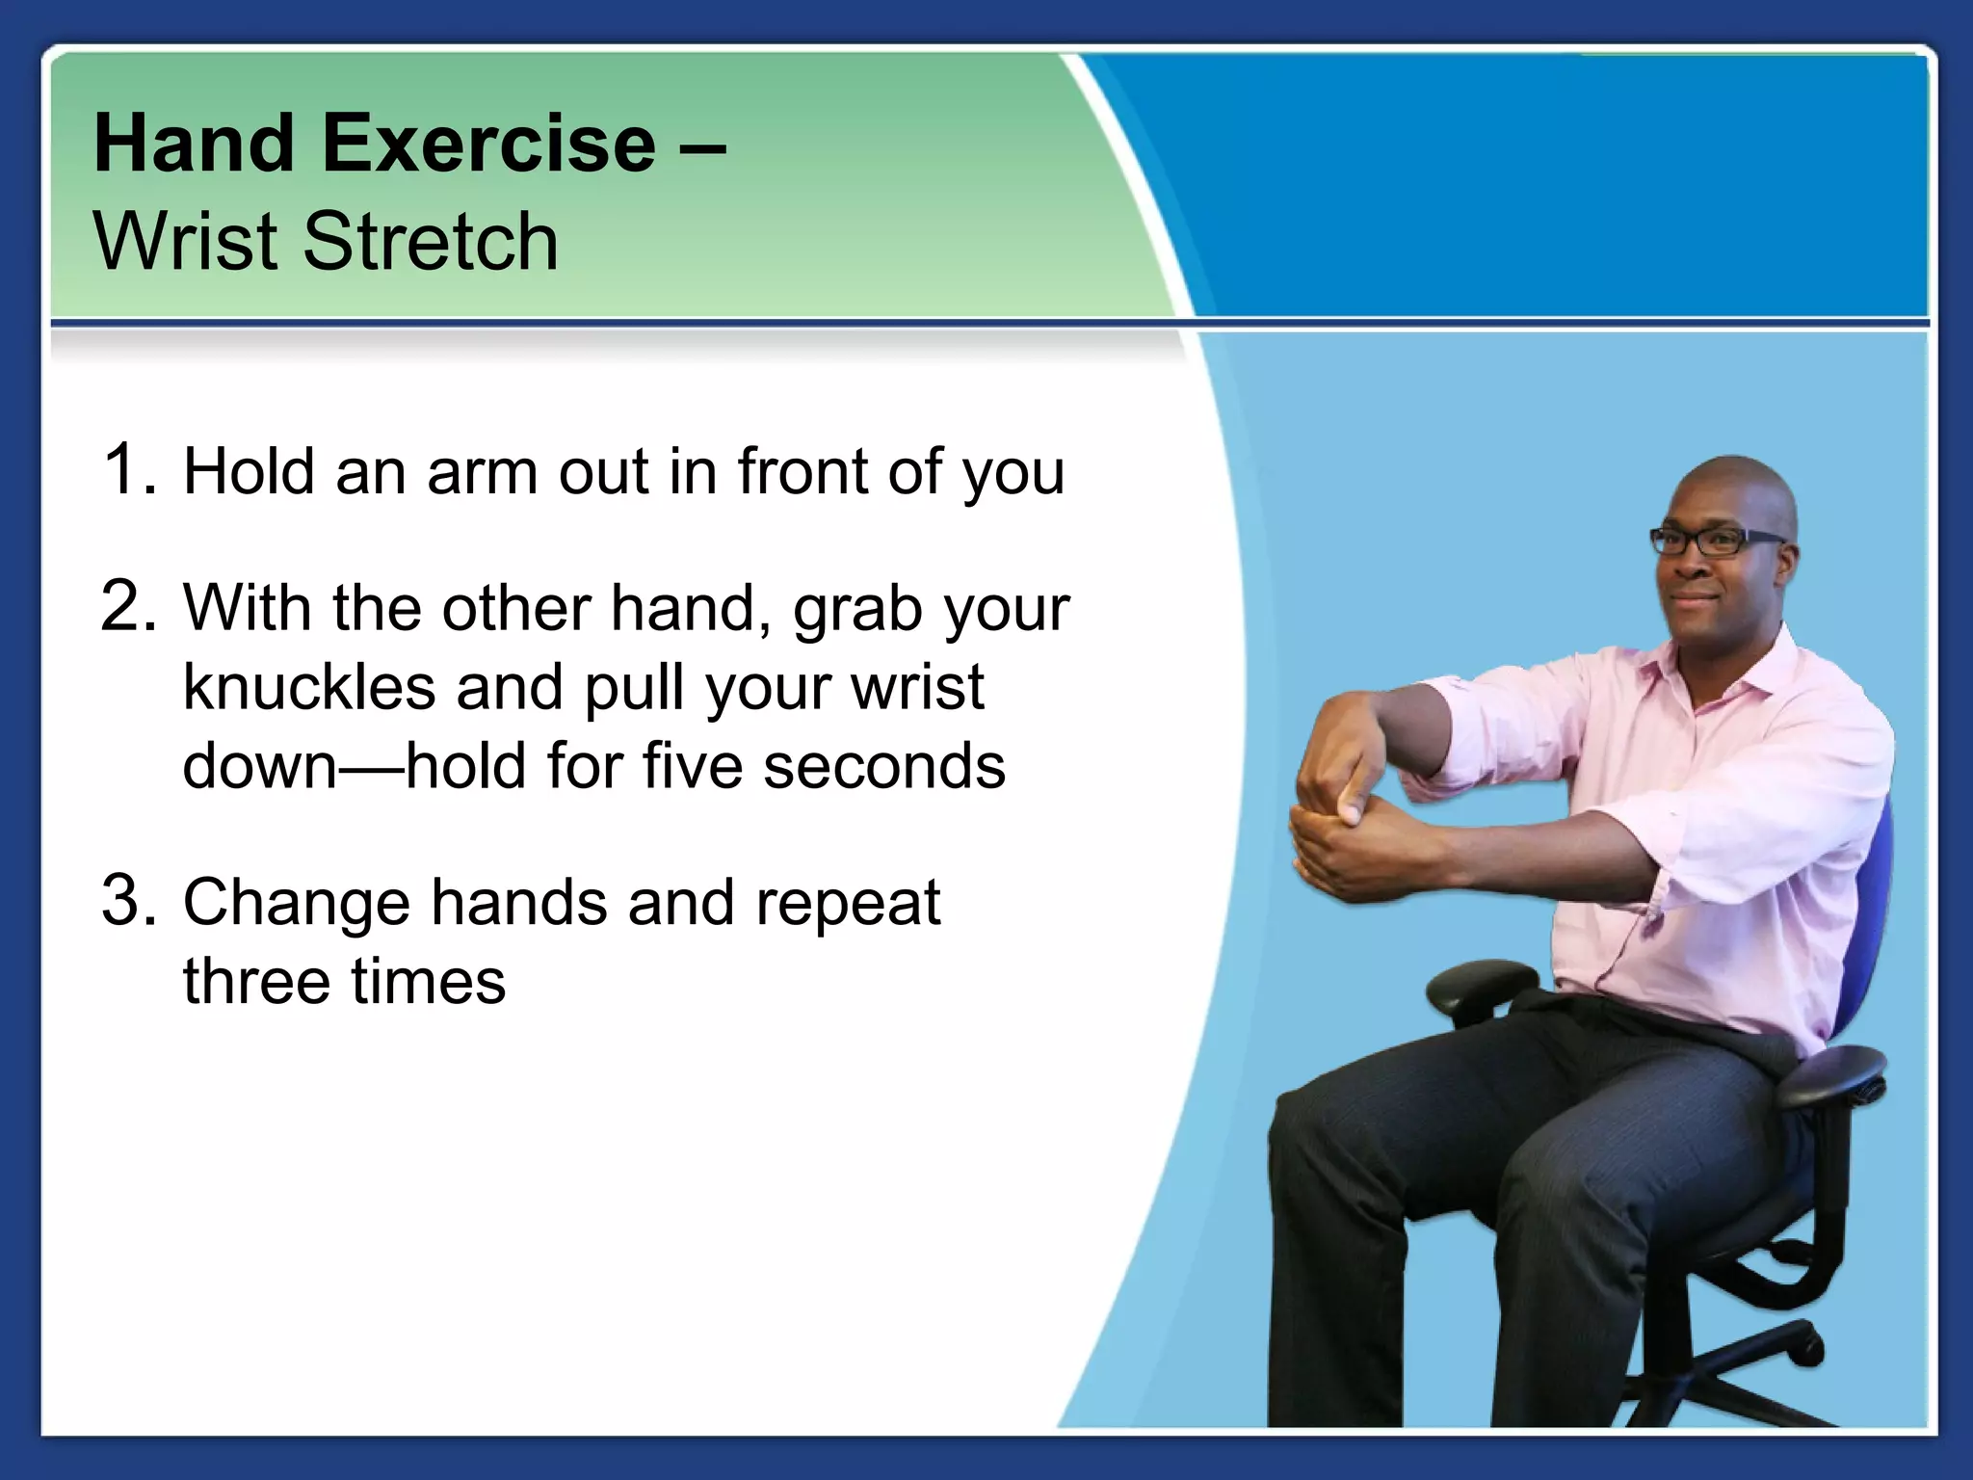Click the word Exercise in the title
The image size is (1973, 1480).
pos(488,145)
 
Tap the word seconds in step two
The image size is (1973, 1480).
pos(883,767)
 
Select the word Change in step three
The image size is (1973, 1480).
pos(297,904)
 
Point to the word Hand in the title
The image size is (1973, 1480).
pos(194,145)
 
